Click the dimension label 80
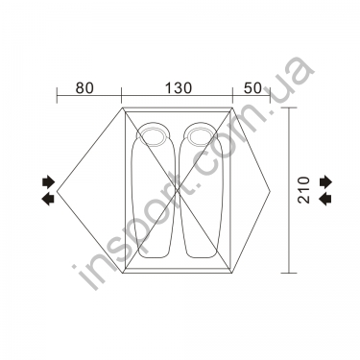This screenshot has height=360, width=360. (84, 87)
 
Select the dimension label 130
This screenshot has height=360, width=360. (178, 87)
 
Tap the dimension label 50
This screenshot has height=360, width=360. (252, 87)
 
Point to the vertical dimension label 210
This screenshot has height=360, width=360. (304, 190)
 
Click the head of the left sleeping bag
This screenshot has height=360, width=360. (152, 135)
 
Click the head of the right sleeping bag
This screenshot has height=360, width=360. (199, 134)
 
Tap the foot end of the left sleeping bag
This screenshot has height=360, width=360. (153, 252)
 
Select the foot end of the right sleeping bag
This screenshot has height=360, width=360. (201, 252)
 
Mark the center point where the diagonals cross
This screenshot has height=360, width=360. (177, 191)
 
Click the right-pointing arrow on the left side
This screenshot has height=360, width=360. (49, 181)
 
